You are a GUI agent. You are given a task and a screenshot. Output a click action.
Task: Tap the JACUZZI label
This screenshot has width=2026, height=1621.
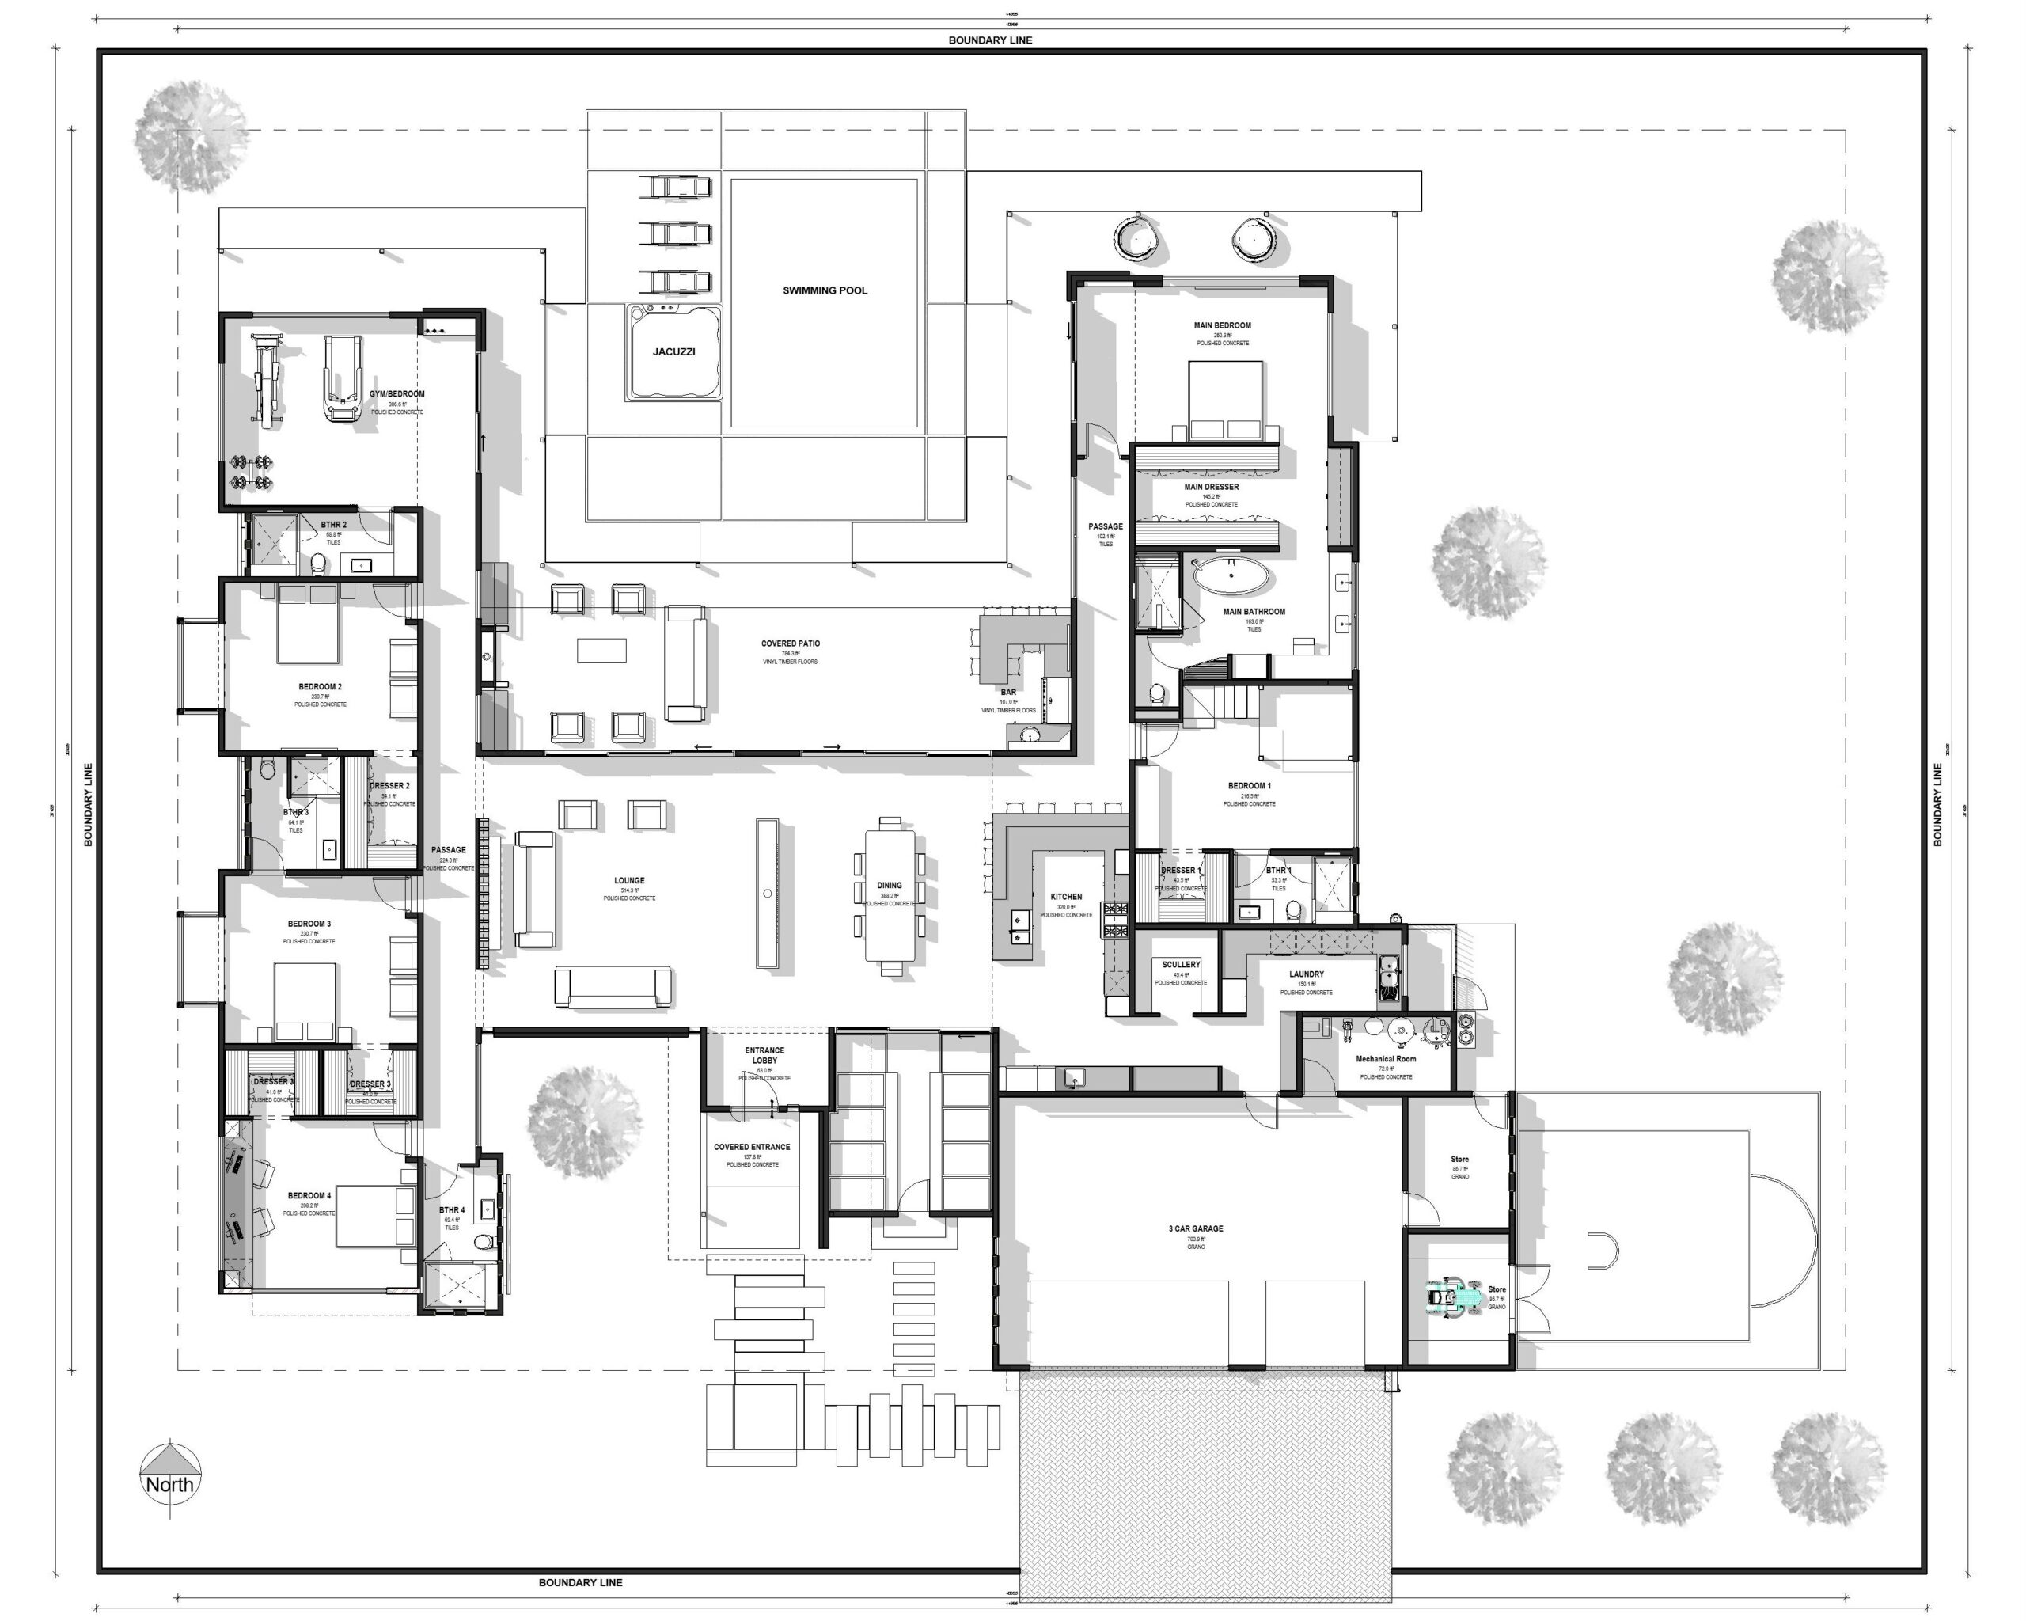(673, 351)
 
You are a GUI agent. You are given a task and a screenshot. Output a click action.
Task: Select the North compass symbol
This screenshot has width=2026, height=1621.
(169, 1476)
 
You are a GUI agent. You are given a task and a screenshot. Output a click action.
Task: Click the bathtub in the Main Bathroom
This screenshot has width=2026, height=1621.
(1230, 575)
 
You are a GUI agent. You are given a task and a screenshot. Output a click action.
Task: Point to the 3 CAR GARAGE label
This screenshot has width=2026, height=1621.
(1195, 1228)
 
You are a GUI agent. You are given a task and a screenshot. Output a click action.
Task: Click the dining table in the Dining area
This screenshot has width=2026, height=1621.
(889, 889)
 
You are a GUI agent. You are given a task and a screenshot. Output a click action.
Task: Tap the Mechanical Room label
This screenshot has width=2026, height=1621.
(1385, 1059)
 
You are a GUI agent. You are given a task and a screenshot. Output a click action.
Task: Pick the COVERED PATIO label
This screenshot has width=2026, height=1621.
(791, 643)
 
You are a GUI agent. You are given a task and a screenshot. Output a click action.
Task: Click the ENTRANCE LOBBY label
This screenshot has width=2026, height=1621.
(765, 1055)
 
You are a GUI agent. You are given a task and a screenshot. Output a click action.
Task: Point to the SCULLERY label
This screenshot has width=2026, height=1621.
(1180, 964)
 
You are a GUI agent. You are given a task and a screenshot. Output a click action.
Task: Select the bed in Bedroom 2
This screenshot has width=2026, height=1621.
(307, 625)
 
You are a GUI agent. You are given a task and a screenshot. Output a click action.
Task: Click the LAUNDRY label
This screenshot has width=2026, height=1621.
(1306, 974)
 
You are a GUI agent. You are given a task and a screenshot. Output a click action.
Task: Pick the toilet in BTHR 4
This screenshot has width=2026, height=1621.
(483, 1244)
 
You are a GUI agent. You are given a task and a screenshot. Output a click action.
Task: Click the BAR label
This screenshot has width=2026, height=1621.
(1008, 692)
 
